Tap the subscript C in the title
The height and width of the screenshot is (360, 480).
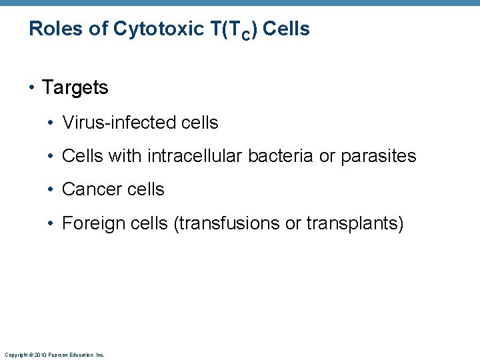pyautogui.click(x=245, y=35)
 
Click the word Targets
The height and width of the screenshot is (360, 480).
pyautogui.click(x=75, y=87)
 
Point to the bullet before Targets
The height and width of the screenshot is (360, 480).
pyautogui.click(x=33, y=87)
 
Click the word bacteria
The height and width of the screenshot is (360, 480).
pyautogui.click(x=281, y=156)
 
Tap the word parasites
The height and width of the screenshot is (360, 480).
pyautogui.click(x=378, y=156)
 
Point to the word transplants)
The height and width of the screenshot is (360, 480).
pyautogui.click(x=355, y=223)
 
